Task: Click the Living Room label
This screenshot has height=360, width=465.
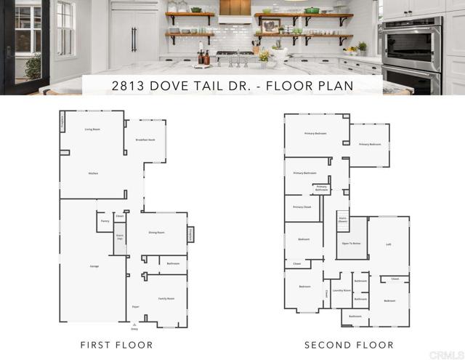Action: click(x=92, y=129)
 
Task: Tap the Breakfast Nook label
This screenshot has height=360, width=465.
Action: click(x=145, y=139)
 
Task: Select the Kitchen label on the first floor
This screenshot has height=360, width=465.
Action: click(x=93, y=173)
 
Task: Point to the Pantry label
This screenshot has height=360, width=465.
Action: click(x=105, y=220)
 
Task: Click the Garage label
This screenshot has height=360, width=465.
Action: click(x=94, y=266)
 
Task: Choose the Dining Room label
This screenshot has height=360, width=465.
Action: click(x=156, y=232)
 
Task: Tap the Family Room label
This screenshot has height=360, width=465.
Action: click(x=167, y=298)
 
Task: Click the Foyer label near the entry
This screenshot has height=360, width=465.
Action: click(x=135, y=307)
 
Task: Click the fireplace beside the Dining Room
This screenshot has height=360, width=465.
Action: click(x=191, y=235)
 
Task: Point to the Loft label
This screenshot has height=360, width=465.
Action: click(x=389, y=244)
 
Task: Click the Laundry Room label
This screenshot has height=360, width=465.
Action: click(x=341, y=290)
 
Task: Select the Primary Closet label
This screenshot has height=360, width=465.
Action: click(x=302, y=207)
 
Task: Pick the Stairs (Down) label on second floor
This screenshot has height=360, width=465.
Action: click(x=342, y=220)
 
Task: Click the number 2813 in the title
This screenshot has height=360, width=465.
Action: click(x=128, y=84)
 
